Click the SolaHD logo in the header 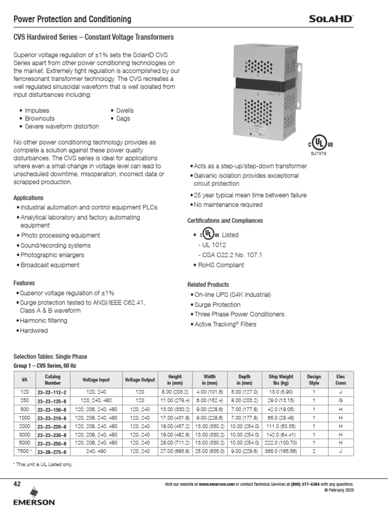coord(331,19)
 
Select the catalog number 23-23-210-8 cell coord(52,418)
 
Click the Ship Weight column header coord(281,380)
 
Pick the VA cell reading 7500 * coord(24,450)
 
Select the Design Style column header coord(314,380)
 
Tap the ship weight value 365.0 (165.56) coord(281,450)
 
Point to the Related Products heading coord(208,285)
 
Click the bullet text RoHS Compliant coord(222,265)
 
